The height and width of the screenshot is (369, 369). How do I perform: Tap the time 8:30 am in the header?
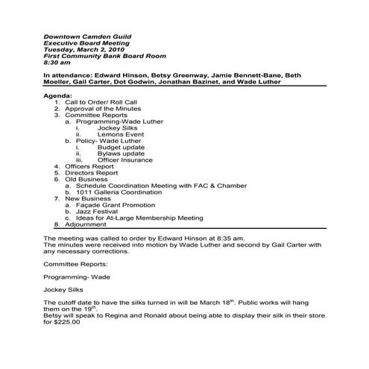59,63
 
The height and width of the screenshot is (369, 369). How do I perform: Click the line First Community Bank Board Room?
104,56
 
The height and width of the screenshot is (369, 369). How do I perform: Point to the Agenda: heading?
59,97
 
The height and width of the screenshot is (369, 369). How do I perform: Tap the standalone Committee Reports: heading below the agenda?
78,263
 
